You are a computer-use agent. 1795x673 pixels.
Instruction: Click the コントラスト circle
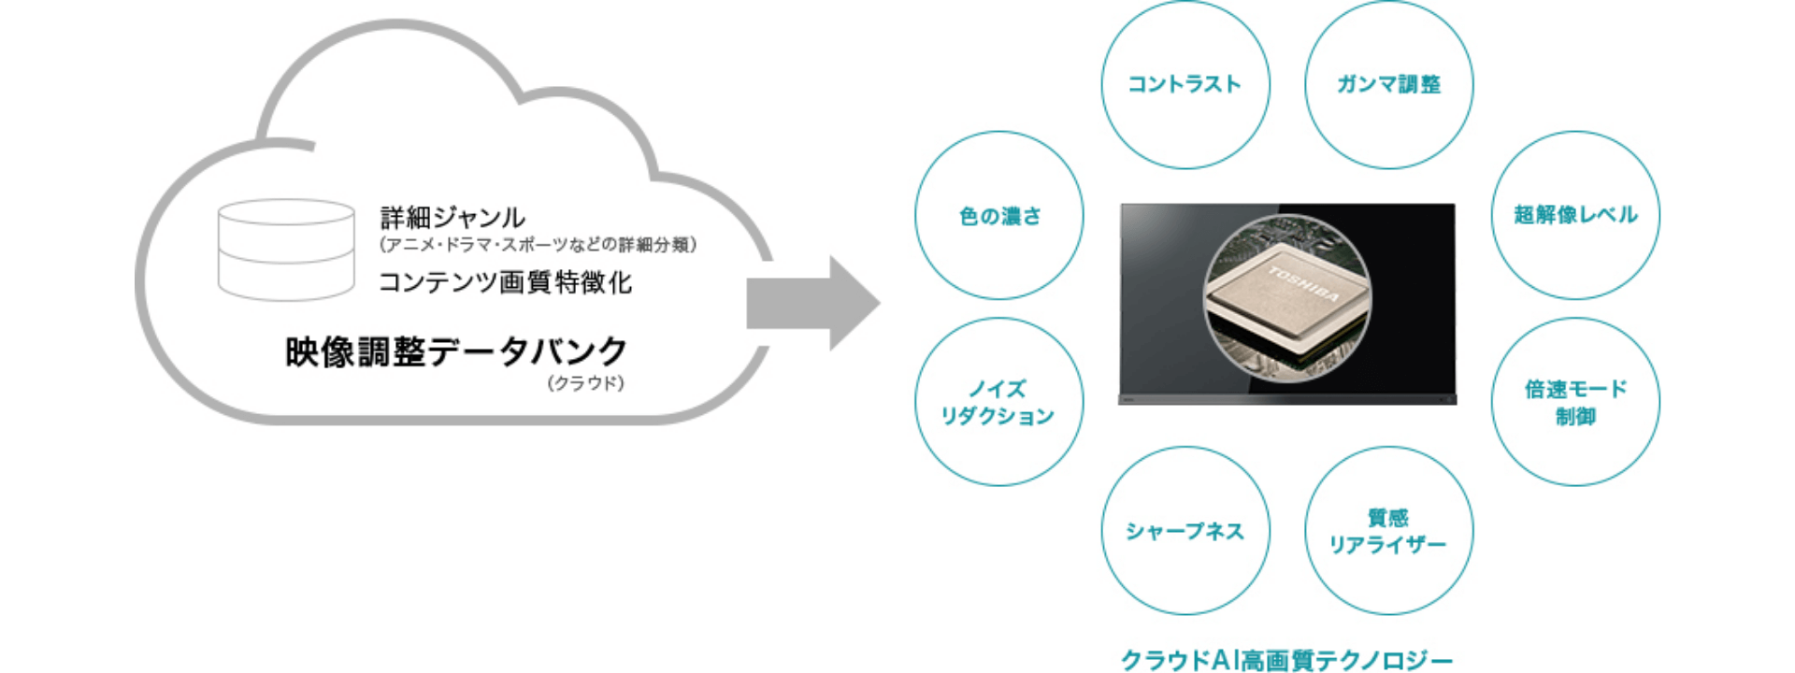point(1185,84)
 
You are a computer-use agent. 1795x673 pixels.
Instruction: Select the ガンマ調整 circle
point(1388,84)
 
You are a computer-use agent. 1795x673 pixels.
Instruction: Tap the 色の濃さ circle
point(999,215)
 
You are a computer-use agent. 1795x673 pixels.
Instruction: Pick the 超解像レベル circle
point(1575,215)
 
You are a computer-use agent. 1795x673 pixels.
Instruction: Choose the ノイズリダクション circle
point(999,402)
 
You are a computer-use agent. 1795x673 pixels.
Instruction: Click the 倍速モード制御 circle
point(1575,402)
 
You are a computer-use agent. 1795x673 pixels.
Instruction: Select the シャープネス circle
point(1185,531)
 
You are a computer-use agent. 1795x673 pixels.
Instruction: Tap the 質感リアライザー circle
point(1388,531)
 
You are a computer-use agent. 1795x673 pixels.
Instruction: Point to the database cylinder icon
point(286,250)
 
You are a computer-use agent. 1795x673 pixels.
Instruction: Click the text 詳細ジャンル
point(452,218)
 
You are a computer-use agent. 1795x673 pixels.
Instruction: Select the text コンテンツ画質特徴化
point(505,282)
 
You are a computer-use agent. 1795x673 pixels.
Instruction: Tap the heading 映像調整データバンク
point(456,352)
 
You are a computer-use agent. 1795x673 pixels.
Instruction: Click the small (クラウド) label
point(585,383)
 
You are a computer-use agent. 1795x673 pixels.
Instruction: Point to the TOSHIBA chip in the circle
point(1287,299)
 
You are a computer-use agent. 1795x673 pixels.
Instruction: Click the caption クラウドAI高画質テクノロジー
point(1286,660)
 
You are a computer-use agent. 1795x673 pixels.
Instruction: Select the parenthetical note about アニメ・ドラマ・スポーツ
point(538,245)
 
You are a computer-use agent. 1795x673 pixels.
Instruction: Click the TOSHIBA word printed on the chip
point(1303,283)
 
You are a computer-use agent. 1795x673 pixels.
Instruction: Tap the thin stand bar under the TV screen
point(1287,400)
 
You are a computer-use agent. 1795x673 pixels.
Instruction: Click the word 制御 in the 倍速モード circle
point(1575,417)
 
